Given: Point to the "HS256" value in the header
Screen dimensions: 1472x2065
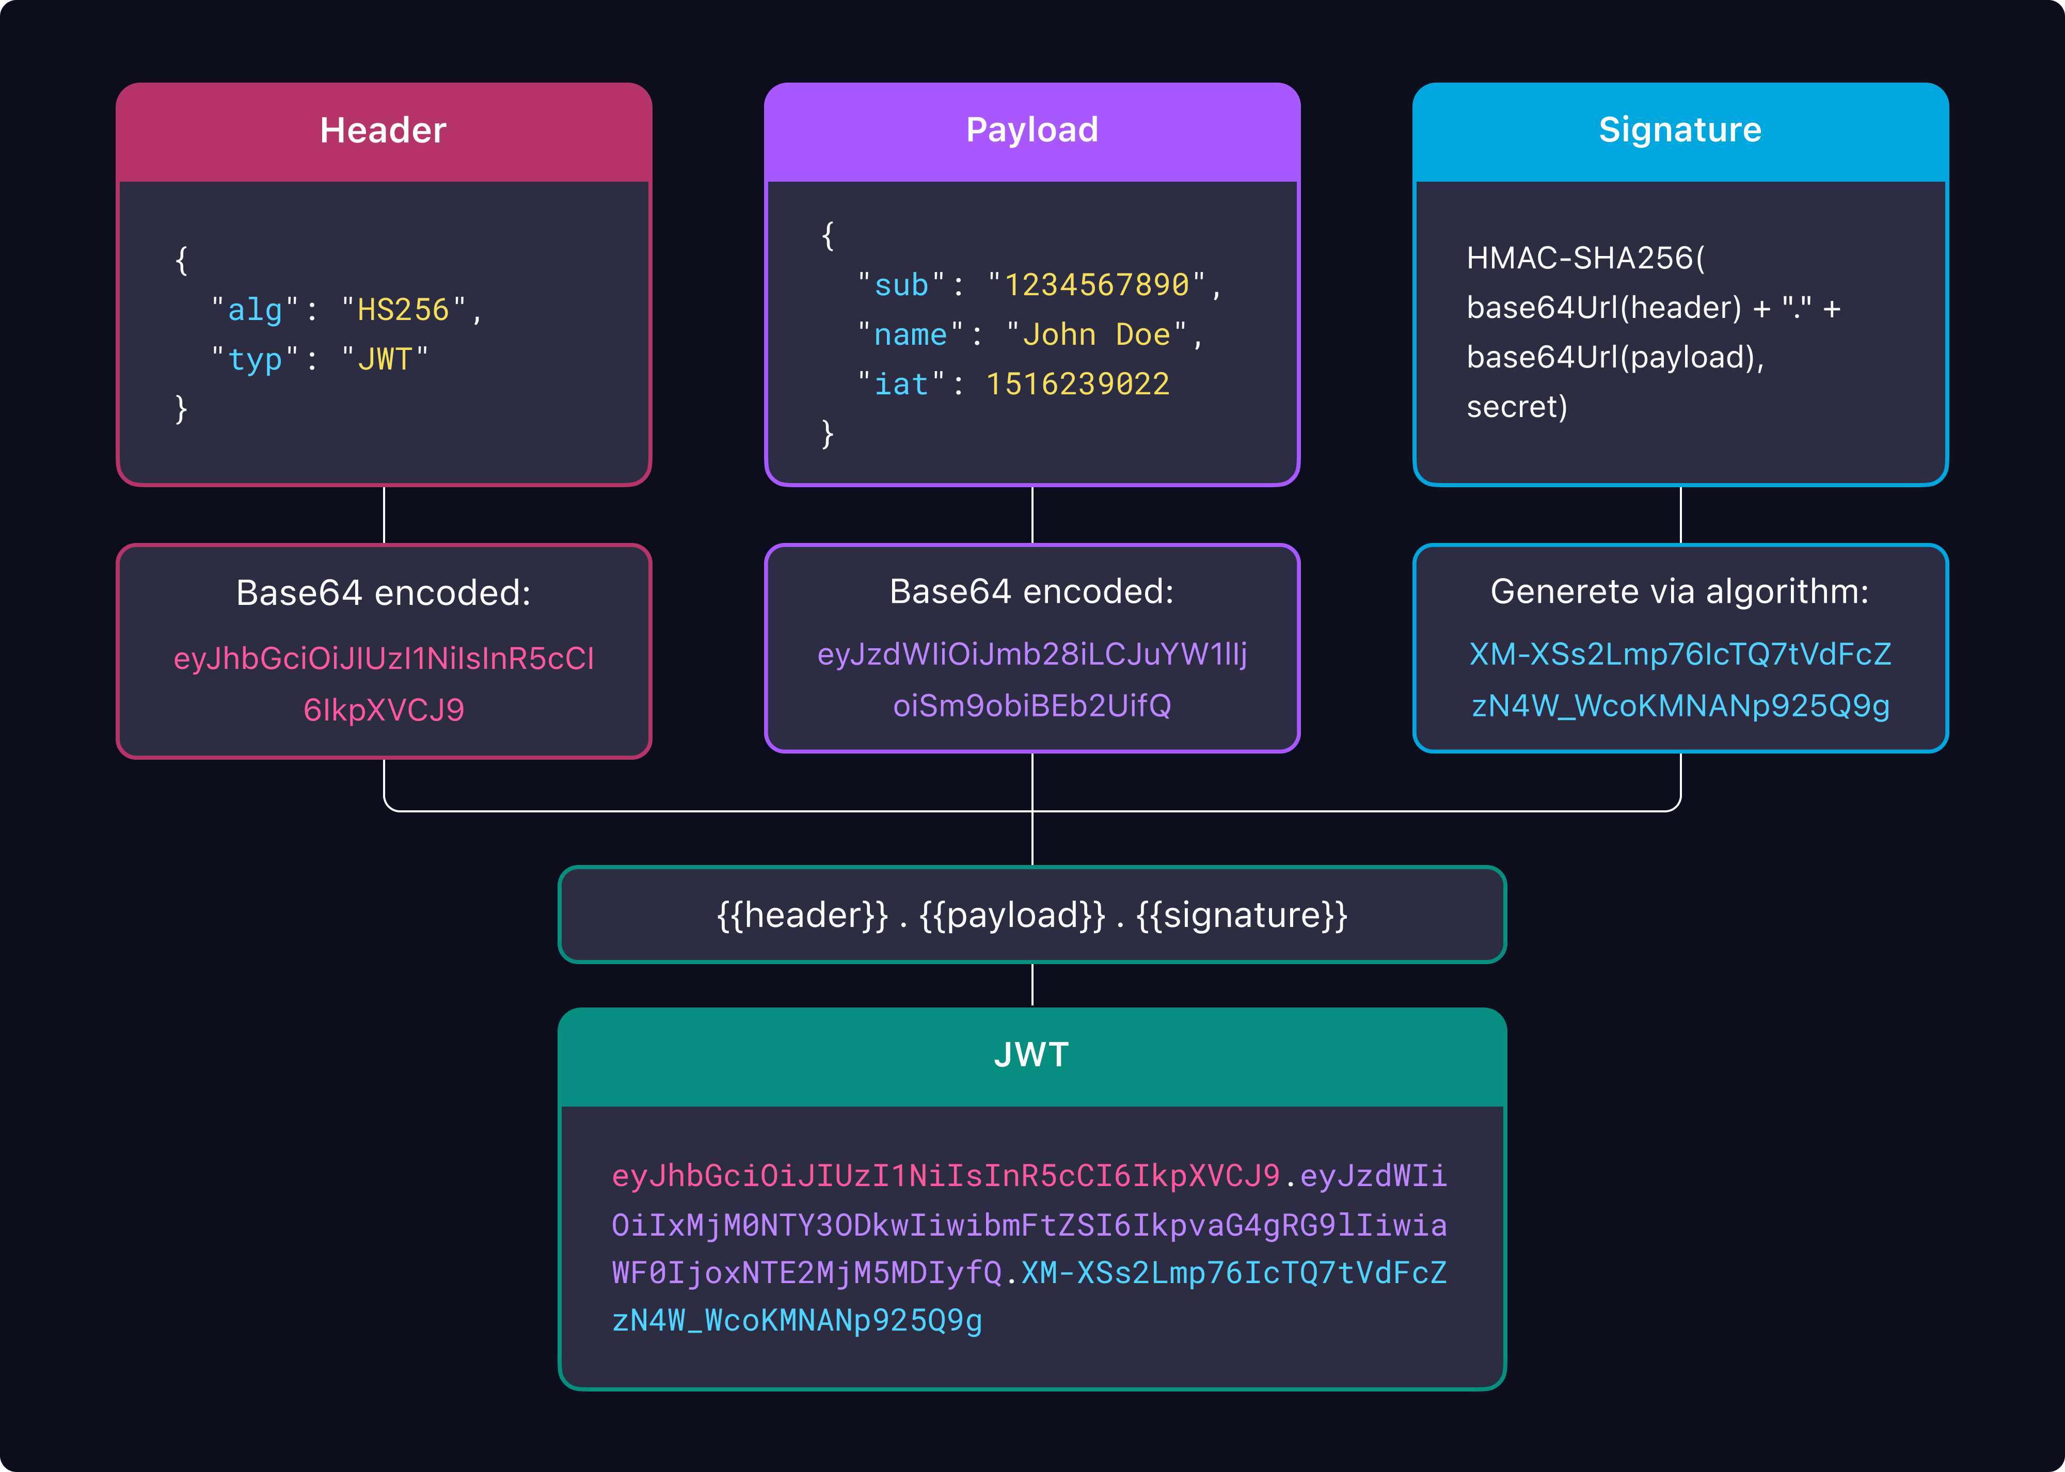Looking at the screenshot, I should coord(403,310).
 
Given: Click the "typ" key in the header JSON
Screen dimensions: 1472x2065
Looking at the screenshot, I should coord(255,360).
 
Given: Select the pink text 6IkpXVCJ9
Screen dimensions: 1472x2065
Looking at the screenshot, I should coord(384,710).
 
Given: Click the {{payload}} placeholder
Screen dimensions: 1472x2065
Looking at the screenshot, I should coord(1012,916).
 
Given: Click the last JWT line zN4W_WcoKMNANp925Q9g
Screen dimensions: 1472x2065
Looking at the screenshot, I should coord(797,1321).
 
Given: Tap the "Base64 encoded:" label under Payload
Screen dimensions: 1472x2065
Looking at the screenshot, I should coord(1031,592).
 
